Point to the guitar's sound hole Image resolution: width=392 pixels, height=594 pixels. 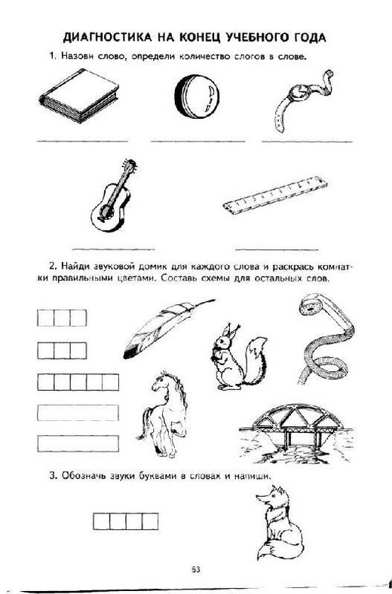(106, 212)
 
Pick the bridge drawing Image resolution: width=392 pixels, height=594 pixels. (297, 433)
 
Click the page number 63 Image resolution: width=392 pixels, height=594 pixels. (196, 569)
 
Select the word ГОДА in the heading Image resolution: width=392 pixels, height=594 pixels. (309, 37)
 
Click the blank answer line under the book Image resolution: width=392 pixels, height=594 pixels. (82, 142)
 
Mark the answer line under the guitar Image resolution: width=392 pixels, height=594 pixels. (113, 249)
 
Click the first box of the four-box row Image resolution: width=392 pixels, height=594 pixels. (101, 521)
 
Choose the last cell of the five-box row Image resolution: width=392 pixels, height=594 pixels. (110, 382)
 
